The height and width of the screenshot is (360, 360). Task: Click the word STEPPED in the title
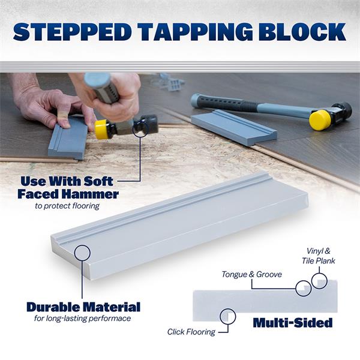73,32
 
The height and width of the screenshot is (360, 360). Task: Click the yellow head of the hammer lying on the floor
320,120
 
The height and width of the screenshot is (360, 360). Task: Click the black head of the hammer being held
147,124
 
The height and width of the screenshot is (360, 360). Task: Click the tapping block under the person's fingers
68,139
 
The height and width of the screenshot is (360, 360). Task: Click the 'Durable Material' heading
83,307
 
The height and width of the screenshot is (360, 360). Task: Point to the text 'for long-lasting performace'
83,319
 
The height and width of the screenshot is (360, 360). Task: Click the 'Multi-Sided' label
293,323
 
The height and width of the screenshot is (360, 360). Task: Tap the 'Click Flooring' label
191,332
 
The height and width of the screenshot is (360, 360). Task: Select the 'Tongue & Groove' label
251,274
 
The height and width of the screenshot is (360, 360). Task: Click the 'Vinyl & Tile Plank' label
318,256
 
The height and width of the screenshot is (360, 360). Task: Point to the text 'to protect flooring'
67,206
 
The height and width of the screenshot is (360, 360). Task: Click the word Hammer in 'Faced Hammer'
91,194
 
